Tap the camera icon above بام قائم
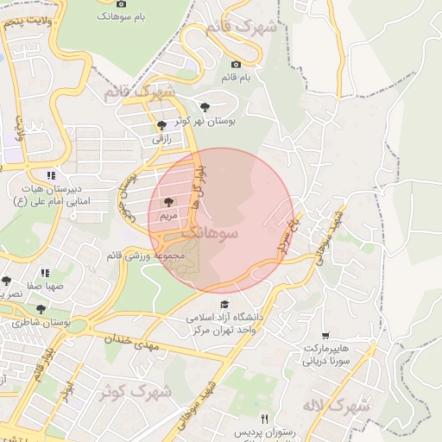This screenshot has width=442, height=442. [236, 64]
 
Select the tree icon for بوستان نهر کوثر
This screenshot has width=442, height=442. [205, 107]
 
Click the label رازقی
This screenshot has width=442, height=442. [162, 138]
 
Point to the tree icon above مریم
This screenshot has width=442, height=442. [167, 201]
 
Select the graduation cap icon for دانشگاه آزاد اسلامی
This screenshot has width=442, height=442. [225, 304]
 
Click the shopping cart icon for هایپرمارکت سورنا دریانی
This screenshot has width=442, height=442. [325, 336]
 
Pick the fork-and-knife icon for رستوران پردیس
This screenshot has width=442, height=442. [264, 418]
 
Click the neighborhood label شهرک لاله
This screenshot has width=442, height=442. [336, 404]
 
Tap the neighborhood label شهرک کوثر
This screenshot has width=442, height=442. [136, 392]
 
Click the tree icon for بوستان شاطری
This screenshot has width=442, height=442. [41, 308]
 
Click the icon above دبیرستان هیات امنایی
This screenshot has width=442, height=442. [51, 174]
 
